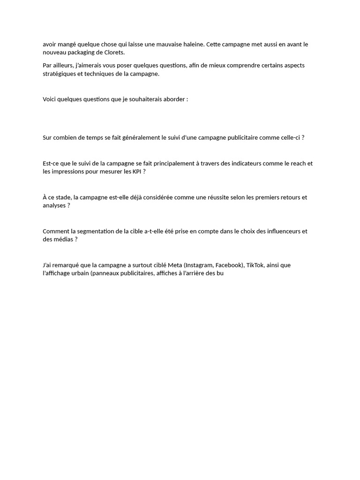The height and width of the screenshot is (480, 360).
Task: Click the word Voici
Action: point(50,99)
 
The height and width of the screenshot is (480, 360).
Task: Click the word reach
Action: point(298,164)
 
